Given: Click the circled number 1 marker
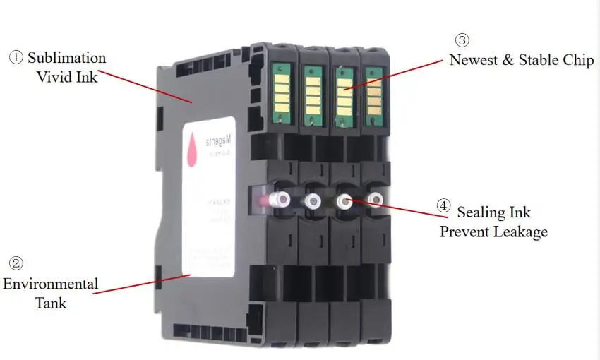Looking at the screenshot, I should click(x=16, y=58).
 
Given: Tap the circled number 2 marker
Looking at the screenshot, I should click(x=16, y=263).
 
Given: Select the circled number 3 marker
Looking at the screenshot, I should click(x=461, y=40).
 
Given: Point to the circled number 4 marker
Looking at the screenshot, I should click(x=443, y=206).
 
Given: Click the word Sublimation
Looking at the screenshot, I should click(x=67, y=58).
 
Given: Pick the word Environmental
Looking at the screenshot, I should click(x=50, y=284).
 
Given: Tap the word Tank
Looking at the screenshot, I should click(x=51, y=303).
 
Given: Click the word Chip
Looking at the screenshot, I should click(x=577, y=60).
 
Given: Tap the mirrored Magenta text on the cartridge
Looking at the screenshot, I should click(x=223, y=141).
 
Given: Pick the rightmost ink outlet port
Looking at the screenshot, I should click(x=376, y=200).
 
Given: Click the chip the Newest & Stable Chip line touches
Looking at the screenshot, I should click(x=344, y=92).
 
